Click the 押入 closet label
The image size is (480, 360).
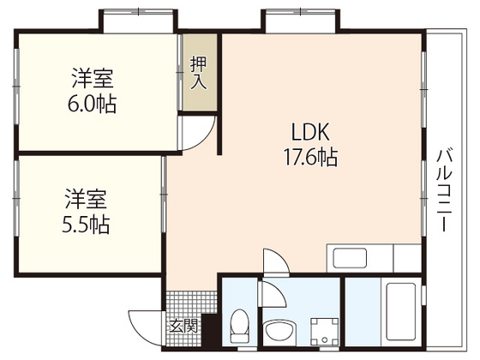pos(198,73)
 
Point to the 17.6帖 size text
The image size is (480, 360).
pos(307,158)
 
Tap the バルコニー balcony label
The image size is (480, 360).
pos(444,190)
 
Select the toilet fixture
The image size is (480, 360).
pos(239,327)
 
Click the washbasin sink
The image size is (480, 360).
pos(279,329)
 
